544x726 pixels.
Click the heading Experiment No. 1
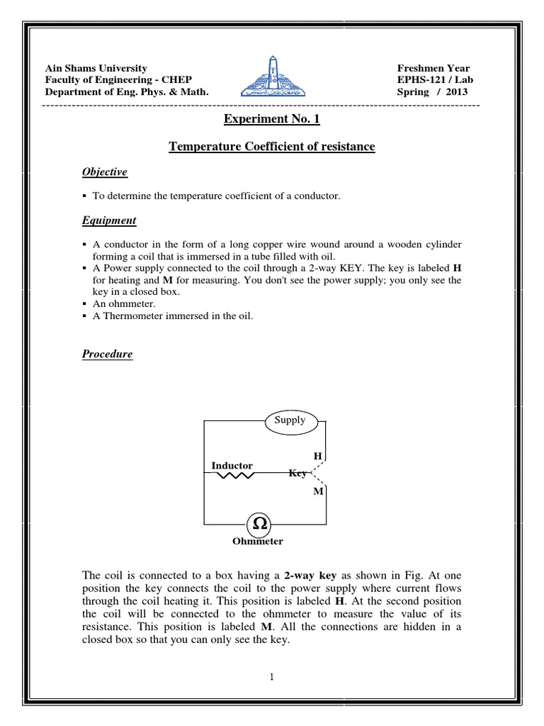click(x=272, y=119)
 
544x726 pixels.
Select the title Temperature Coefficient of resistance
click(x=272, y=147)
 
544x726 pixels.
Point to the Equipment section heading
click(x=109, y=220)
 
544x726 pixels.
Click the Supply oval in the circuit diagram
click(x=290, y=420)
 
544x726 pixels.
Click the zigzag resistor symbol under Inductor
click(x=234, y=476)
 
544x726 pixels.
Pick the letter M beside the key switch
click(x=317, y=491)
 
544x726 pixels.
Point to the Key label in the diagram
click(x=297, y=473)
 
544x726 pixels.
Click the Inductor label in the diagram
click(x=232, y=465)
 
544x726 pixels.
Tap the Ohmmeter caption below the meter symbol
click(x=258, y=542)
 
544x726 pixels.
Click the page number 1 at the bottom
click(x=271, y=677)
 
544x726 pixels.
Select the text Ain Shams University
click(x=96, y=68)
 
